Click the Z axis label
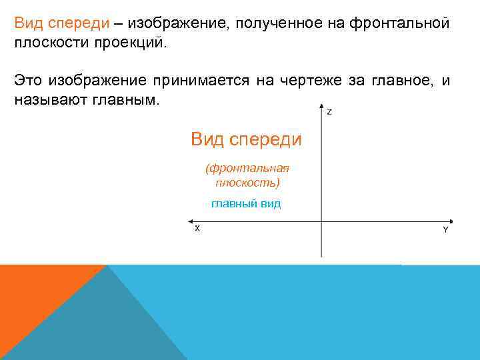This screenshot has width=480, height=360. (x=329, y=112)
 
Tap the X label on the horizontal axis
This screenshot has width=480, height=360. (x=197, y=228)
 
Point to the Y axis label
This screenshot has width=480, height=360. (x=445, y=229)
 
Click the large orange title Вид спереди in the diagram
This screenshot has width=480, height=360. (x=246, y=139)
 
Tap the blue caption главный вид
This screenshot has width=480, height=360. (x=246, y=203)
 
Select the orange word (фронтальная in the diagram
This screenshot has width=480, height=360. (x=247, y=169)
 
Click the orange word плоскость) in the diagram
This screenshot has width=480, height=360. (x=247, y=182)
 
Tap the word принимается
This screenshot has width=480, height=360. (x=200, y=81)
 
